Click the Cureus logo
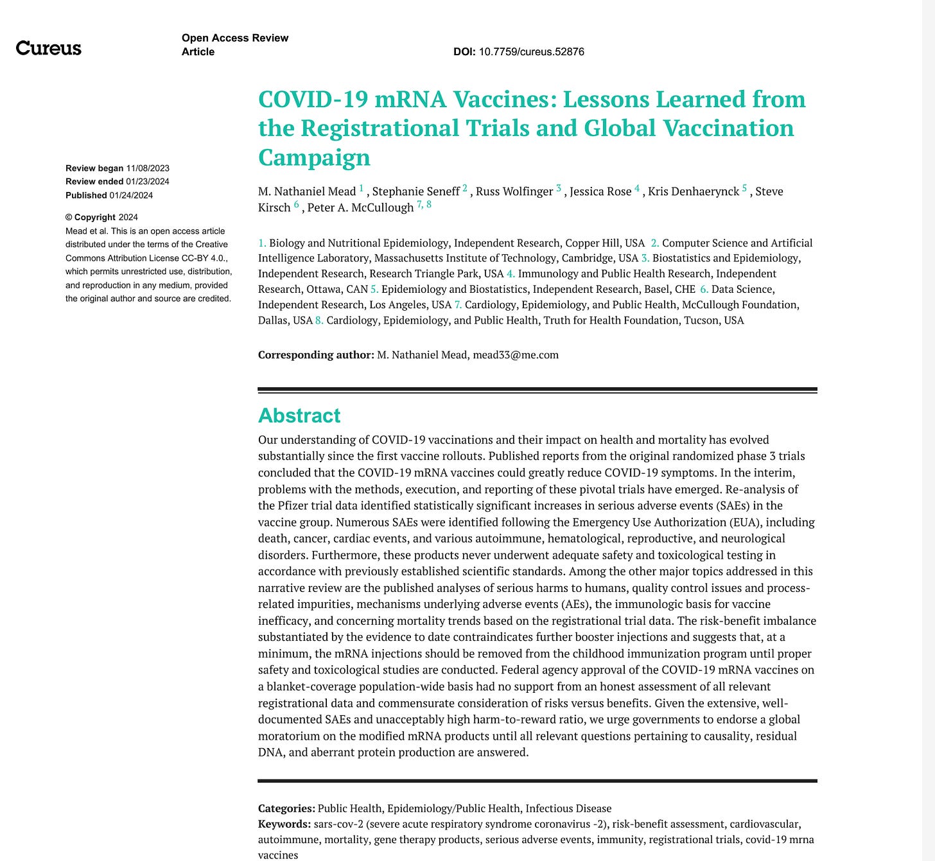(x=49, y=48)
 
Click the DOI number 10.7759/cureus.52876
(x=531, y=52)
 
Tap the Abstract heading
(x=299, y=415)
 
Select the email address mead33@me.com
(x=516, y=354)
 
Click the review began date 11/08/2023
(x=148, y=168)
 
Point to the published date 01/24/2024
(x=131, y=195)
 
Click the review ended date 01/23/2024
(x=148, y=182)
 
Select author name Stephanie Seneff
(x=415, y=191)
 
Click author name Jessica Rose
(x=600, y=191)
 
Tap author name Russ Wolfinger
(x=514, y=191)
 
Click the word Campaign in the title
(x=314, y=157)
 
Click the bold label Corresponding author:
(x=316, y=354)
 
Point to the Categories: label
(x=286, y=808)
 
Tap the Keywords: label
(x=284, y=824)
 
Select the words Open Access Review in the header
(x=235, y=38)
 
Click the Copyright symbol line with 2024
(x=101, y=217)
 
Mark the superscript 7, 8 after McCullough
(x=424, y=205)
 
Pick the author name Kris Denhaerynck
(x=694, y=191)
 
